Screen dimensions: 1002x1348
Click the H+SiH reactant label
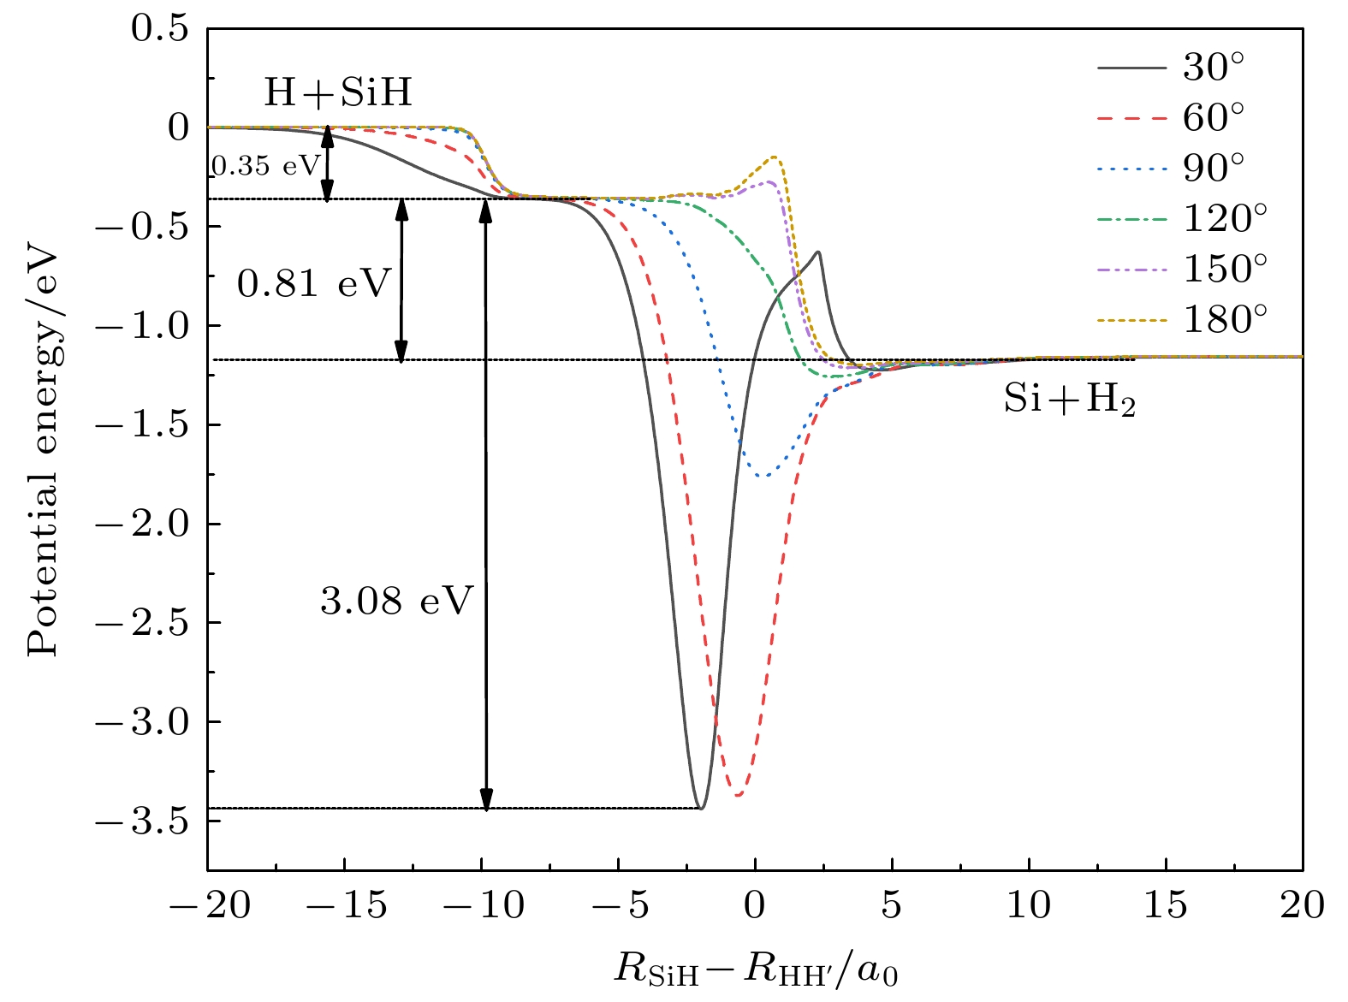(338, 92)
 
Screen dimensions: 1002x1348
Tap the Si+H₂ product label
(1070, 399)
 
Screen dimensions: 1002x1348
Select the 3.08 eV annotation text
(396, 602)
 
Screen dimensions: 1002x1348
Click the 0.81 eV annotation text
(314, 283)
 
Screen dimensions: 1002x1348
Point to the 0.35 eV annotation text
(265, 166)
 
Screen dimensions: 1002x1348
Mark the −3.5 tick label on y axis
(142, 821)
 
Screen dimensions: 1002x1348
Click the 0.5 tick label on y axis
(159, 29)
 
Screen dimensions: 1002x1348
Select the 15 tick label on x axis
(1166, 905)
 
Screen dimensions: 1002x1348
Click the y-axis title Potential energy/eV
(43, 454)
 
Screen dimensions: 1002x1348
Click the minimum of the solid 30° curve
(701, 808)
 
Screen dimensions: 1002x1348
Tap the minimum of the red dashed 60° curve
(738, 796)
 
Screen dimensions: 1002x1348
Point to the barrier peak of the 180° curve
(775, 157)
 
